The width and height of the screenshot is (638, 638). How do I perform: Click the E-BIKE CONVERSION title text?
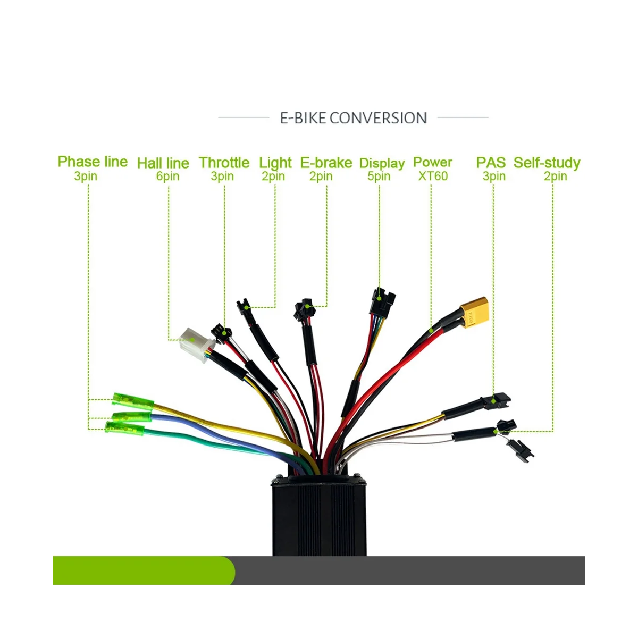(353, 117)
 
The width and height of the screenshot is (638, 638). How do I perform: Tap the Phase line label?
(93, 162)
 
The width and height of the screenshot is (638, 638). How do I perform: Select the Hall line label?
(163, 163)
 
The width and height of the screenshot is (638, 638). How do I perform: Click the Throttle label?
(224, 163)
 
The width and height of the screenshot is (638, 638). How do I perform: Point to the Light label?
(275, 163)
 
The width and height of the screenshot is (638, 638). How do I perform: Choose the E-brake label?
(326, 163)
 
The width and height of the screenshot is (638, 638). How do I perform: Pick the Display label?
(382, 163)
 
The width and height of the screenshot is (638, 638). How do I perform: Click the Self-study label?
(547, 163)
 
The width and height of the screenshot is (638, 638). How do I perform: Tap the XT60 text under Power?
(433, 176)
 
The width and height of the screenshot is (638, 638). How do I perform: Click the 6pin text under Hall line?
(167, 176)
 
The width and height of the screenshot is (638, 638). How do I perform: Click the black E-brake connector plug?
(304, 310)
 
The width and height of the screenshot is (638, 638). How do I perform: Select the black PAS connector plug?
(500, 399)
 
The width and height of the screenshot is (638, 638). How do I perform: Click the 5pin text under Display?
(379, 176)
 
